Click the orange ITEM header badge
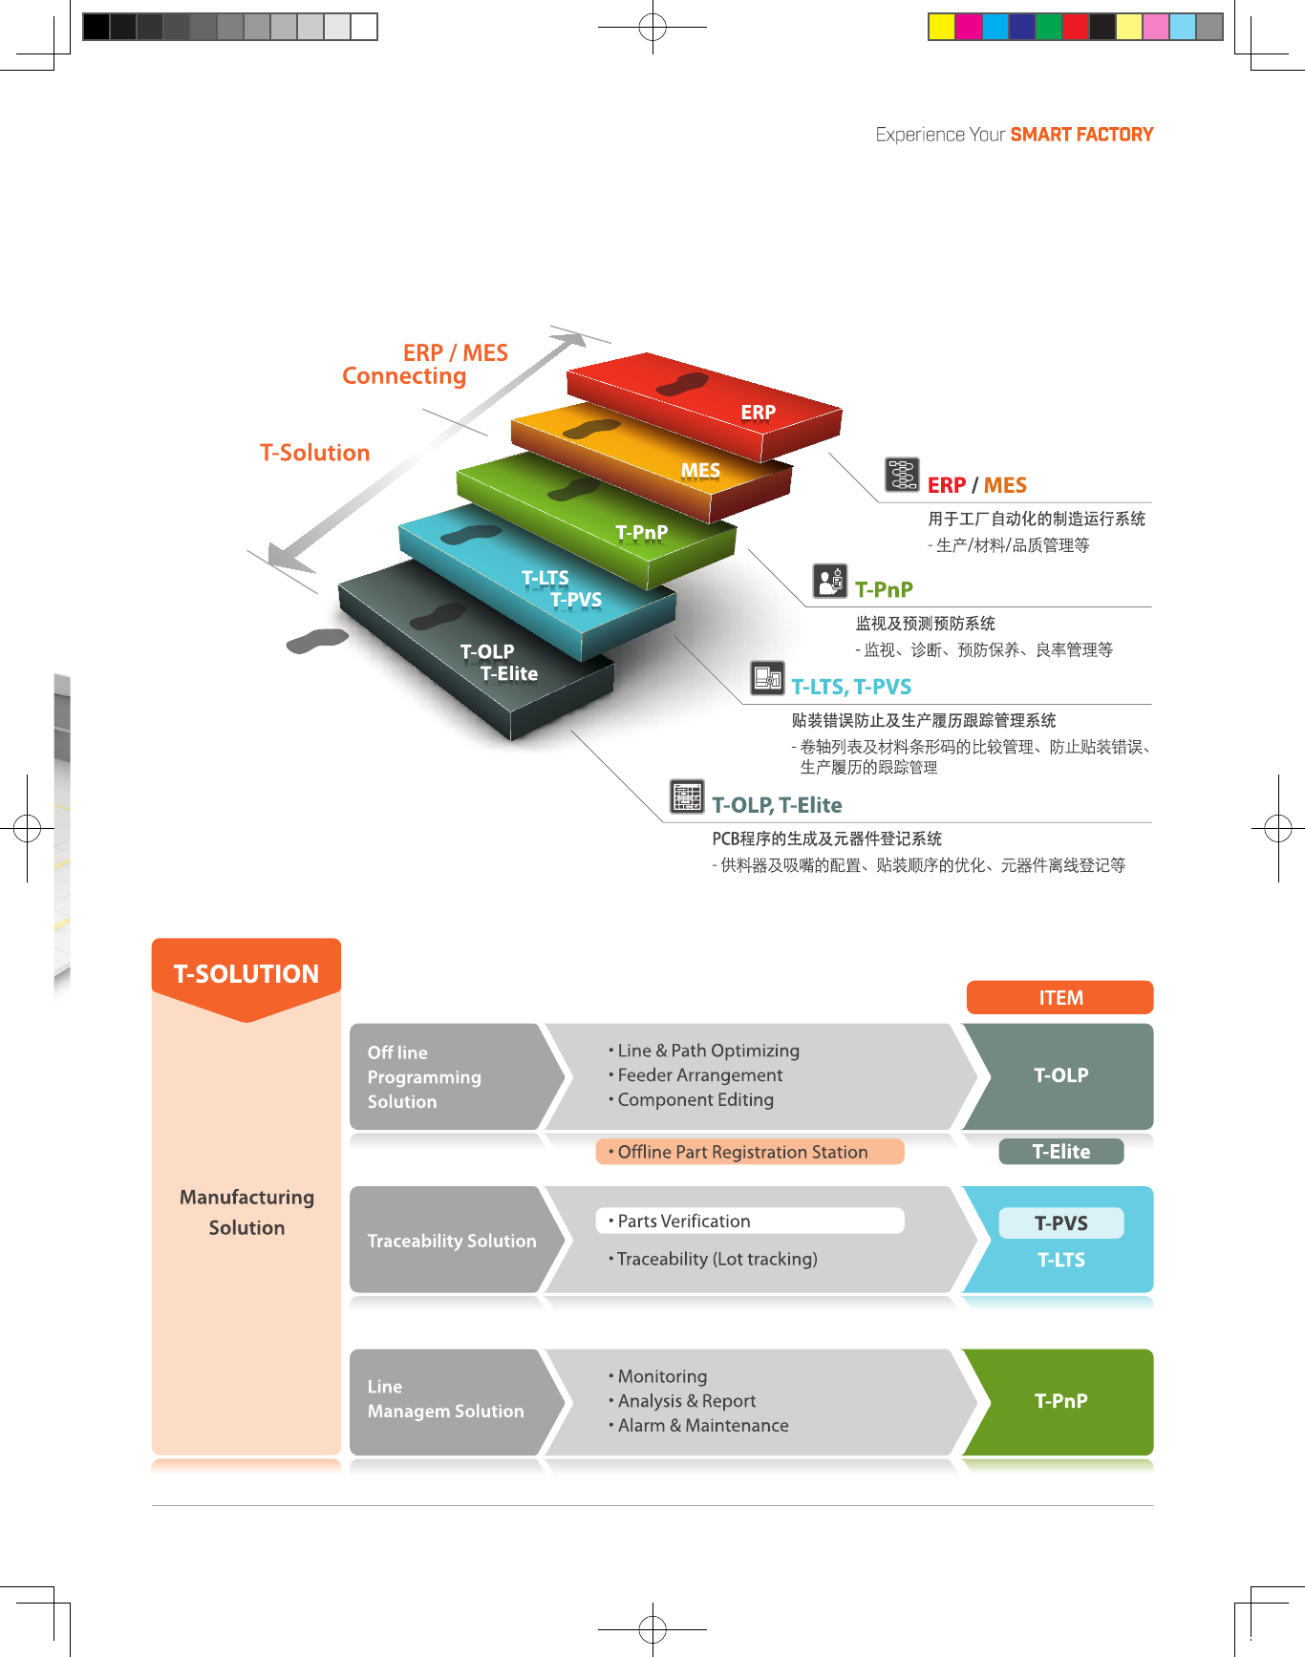point(1059,997)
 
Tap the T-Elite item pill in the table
point(1060,1152)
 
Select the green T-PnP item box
point(1060,1401)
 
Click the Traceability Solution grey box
point(452,1241)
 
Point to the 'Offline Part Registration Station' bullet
point(742,1152)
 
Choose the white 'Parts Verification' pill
point(750,1221)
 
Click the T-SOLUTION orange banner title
point(246,974)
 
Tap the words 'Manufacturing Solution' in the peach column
point(246,1212)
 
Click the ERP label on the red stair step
point(759,413)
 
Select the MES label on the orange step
point(700,471)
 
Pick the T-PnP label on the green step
point(641,532)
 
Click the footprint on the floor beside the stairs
point(317,641)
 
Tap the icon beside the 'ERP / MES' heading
point(902,474)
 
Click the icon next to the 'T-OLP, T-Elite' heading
point(687,796)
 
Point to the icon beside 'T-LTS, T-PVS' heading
point(767,677)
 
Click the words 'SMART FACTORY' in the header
point(1081,135)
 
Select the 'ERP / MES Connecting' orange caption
point(425,365)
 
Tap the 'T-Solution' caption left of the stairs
point(314,453)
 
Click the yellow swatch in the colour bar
point(941,27)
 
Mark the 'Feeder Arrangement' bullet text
point(699,1075)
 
